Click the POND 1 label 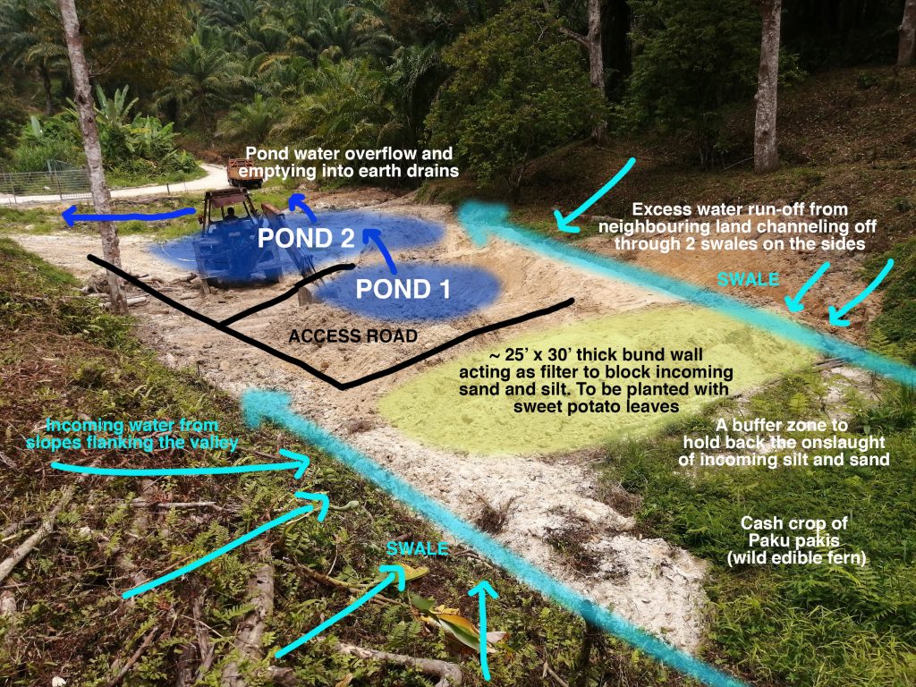(x=403, y=289)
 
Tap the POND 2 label (x=306, y=238)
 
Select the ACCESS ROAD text (x=353, y=336)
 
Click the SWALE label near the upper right (x=748, y=279)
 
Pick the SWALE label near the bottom (x=417, y=548)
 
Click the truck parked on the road (x=245, y=173)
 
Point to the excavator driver (x=231, y=214)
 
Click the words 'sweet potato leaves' (x=596, y=407)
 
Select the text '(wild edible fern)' (x=796, y=558)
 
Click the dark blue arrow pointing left (x=129, y=216)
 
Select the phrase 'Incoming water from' (x=131, y=425)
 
